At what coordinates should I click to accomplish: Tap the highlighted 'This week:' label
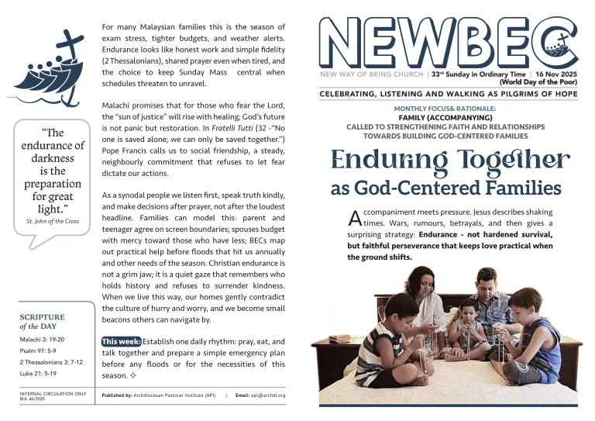point(121,341)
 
